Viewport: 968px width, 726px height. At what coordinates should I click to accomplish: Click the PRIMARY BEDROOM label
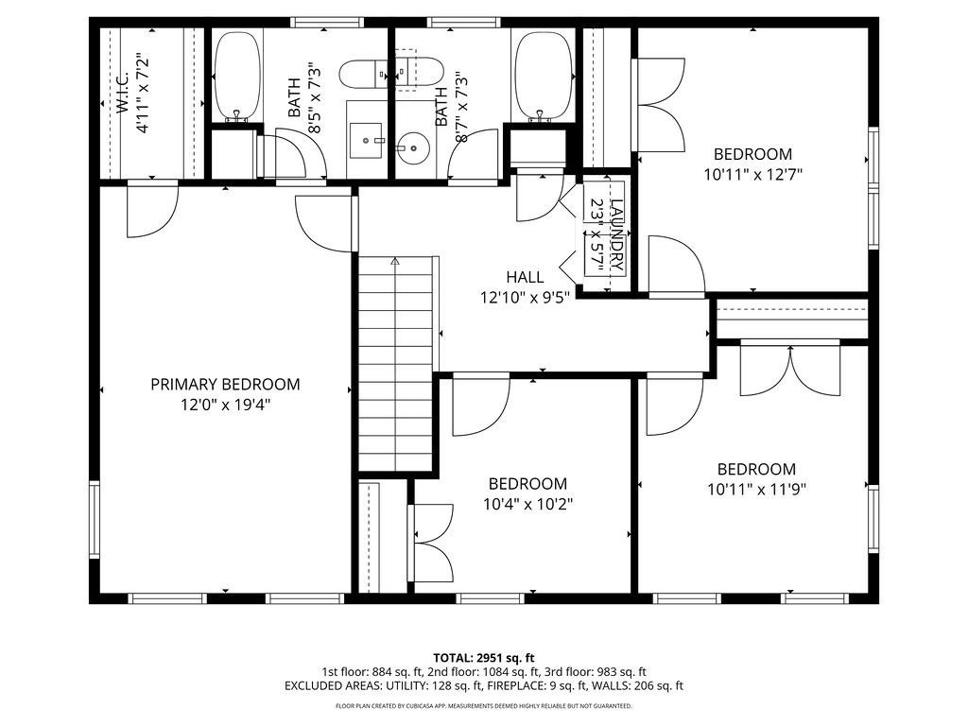tap(225, 384)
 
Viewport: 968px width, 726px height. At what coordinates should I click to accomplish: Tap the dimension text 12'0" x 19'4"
tap(225, 404)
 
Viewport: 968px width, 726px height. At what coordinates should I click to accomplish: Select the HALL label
tap(525, 277)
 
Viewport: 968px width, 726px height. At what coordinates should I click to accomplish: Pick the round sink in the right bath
tap(412, 147)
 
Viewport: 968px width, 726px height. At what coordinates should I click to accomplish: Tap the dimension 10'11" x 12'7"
tap(752, 174)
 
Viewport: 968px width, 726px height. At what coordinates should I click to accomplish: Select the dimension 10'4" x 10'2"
tap(527, 503)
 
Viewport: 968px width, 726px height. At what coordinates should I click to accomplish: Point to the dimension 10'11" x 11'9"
tap(756, 489)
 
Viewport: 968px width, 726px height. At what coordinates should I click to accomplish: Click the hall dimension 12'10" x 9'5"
tap(525, 297)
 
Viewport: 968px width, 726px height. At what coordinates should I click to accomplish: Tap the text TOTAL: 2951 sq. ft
tap(484, 657)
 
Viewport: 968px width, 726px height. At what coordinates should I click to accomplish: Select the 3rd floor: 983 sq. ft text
tap(595, 671)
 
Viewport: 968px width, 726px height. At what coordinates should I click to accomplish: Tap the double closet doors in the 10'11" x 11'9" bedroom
tap(790, 371)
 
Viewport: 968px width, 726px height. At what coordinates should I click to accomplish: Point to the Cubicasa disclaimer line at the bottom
tap(484, 705)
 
